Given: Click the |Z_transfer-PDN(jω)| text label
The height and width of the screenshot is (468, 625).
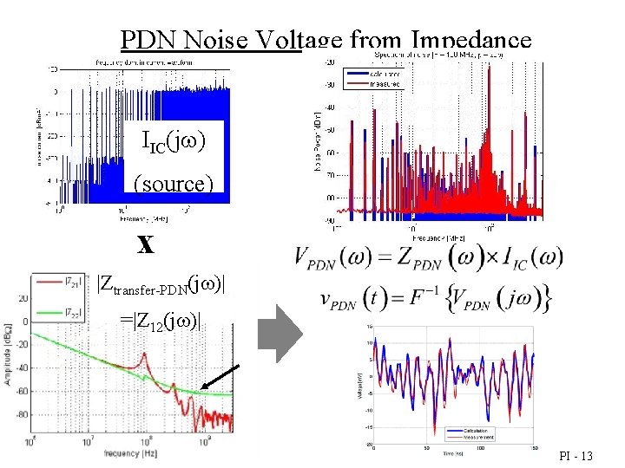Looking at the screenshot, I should click(162, 284).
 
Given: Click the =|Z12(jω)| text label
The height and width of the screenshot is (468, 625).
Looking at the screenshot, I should click(162, 322).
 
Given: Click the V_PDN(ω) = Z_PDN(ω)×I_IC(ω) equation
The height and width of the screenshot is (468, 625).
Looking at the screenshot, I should click(429, 257).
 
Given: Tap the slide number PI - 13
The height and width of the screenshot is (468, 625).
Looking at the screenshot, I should click(576, 454).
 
